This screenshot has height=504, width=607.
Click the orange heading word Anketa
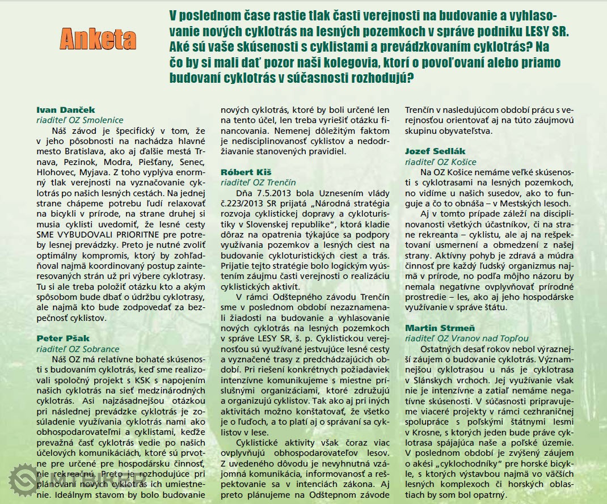98,39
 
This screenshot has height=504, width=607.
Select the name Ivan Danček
58,110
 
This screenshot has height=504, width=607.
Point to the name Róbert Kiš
238,172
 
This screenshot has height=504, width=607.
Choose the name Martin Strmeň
432,328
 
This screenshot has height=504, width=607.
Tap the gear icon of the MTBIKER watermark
24,480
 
